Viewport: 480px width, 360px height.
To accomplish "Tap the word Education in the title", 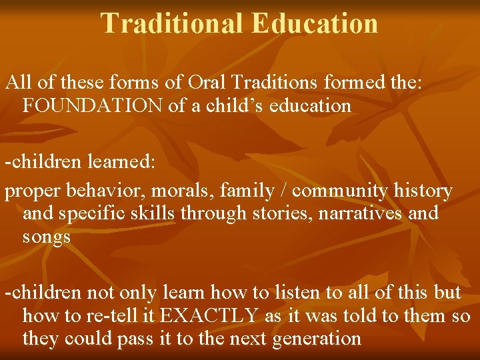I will [x=315, y=23].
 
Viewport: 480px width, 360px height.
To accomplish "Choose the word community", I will [x=339, y=191].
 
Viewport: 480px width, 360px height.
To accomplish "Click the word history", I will [x=423, y=191].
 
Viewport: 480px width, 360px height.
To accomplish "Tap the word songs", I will [x=47, y=237].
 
